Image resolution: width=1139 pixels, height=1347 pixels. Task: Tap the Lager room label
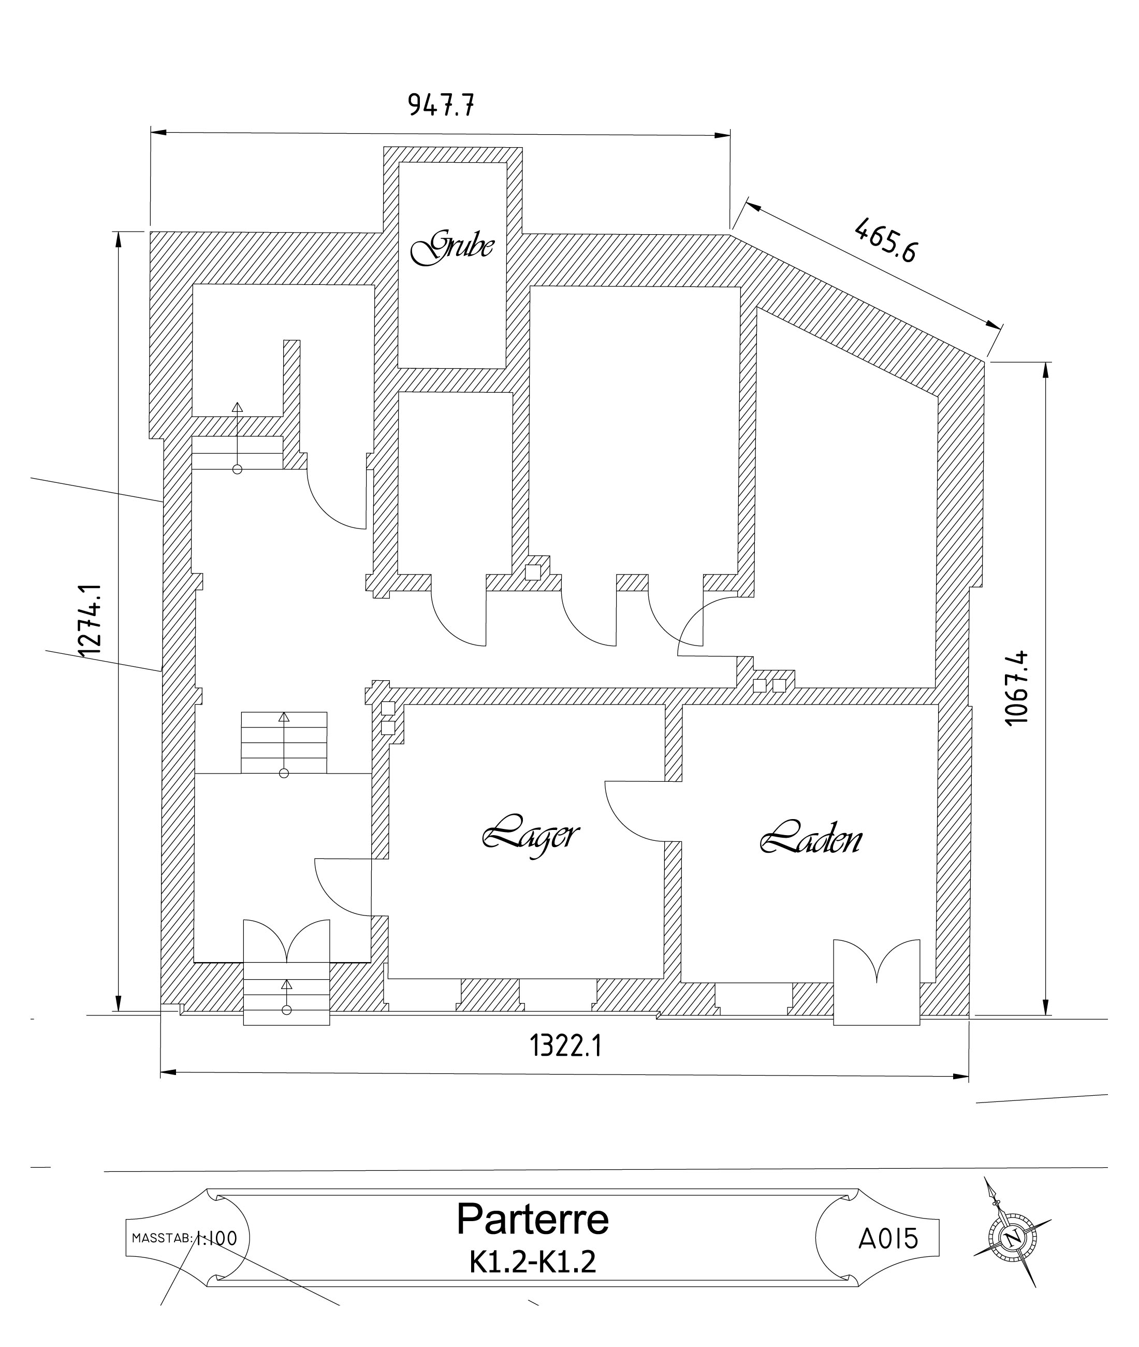pos(530,837)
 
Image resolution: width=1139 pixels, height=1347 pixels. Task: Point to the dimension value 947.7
pos(441,104)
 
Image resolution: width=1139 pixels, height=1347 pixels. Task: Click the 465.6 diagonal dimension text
pos(885,240)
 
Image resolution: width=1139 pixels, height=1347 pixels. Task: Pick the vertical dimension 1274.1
pos(90,620)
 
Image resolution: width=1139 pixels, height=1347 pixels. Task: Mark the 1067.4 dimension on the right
pos(1017,688)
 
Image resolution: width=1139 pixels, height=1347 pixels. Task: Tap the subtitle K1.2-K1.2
pos(533,1261)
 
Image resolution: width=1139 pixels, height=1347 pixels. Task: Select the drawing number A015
pos(888,1239)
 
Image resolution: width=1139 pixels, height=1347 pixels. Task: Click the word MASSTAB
pos(162,1239)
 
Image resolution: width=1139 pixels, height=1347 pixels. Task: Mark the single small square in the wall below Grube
pos(533,572)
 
